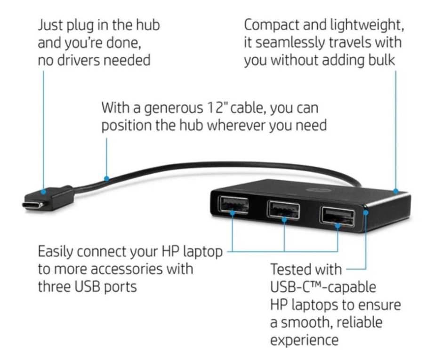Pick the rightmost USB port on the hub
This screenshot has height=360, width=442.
point(338,215)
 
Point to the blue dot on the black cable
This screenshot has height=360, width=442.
point(107,179)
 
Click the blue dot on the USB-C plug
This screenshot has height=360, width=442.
point(43,192)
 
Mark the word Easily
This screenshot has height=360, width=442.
point(56,251)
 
